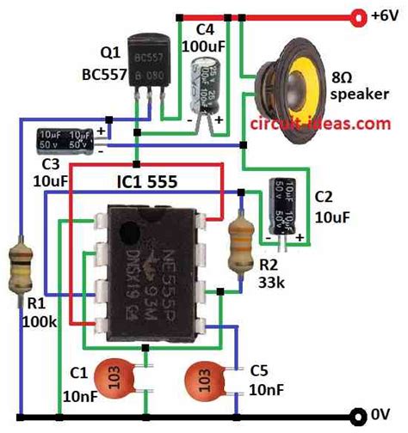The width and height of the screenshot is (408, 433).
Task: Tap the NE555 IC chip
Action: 150,266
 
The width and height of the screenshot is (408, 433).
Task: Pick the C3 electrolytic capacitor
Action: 66,140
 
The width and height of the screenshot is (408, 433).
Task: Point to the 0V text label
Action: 384,413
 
